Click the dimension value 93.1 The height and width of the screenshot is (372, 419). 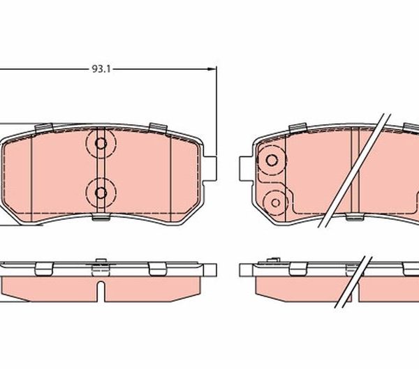pos(101,69)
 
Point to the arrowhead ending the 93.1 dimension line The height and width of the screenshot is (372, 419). pos(212,69)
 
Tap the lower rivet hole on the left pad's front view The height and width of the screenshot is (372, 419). pos(101,193)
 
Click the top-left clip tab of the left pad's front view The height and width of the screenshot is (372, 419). pos(44,128)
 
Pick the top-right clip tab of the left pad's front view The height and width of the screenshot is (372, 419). pos(159,128)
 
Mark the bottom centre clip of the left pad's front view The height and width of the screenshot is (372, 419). pos(101,216)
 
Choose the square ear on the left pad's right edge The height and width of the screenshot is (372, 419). pos(210,168)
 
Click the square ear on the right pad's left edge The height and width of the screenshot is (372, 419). pos(246,168)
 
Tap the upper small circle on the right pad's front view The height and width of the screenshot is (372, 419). pos(272,161)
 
